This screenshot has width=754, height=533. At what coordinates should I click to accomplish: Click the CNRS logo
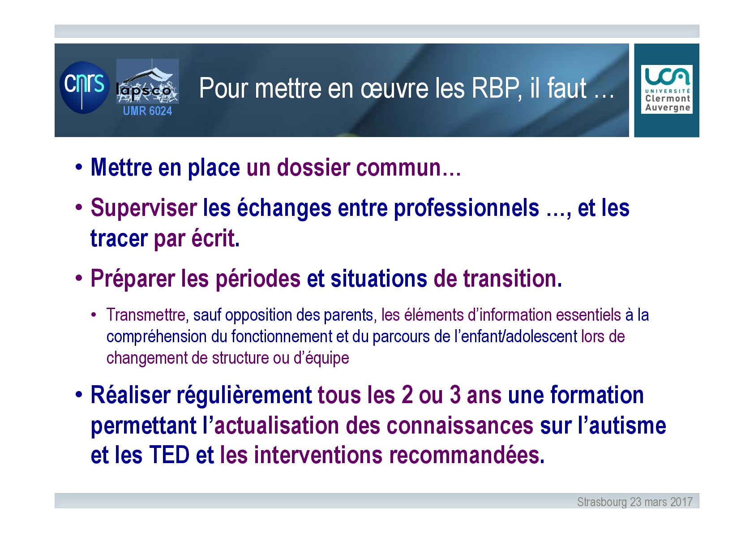point(85,87)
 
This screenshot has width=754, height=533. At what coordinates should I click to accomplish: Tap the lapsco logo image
point(147,81)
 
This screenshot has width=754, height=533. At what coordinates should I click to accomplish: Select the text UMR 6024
point(147,111)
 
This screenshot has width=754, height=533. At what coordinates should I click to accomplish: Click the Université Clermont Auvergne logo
point(667,89)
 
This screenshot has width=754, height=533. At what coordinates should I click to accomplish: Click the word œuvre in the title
point(394,89)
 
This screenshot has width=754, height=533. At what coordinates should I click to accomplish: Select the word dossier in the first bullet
point(313,168)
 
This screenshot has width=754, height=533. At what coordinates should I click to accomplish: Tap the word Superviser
point(144,208)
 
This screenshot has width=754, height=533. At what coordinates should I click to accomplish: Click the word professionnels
point(466,208)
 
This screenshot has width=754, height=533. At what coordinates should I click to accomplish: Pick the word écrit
point(215,238)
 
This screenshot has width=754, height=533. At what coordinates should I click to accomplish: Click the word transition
point(513,279)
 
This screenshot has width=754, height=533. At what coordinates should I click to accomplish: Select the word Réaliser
point(131,395)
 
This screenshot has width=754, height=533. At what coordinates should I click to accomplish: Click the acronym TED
point(169,455)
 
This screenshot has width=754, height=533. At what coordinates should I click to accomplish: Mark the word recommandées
point(467,455)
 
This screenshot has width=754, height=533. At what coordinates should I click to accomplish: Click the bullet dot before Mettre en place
point(79,167)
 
